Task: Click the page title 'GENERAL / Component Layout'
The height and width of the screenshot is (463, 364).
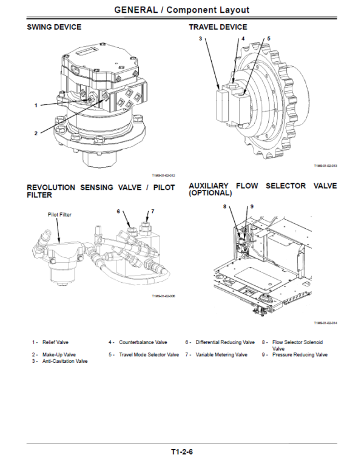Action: coord(181,10)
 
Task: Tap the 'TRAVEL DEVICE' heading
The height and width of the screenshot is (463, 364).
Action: coord(218,27)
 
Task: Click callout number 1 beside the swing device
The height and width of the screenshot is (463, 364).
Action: coord(36,105)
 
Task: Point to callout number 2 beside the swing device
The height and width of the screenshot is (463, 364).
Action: coord(36,132)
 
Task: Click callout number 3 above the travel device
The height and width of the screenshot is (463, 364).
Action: coord(200,38)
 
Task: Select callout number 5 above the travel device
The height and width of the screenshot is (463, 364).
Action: coord(269,38)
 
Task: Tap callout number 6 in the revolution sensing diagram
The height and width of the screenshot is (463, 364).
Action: coord(119,211)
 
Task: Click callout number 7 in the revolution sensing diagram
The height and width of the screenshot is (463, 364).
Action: coord(152,211)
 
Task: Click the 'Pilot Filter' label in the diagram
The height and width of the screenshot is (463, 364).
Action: coord(59,214)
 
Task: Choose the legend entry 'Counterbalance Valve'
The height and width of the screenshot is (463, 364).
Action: coord(143,342)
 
